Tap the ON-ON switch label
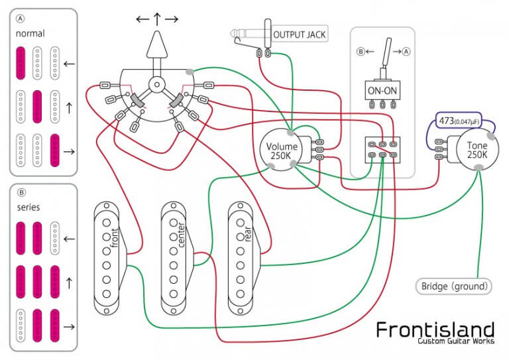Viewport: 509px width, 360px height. tap(381, 90)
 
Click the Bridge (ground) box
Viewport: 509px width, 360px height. tap(455, 286)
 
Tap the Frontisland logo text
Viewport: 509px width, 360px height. tap(434, 329)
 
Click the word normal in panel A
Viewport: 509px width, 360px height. tap(30, 31)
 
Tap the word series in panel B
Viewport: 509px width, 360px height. tap(29, 207)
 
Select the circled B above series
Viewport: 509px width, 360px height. tap(21, 193)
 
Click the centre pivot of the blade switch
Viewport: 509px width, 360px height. tap(157, 84)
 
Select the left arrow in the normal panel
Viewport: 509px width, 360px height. tap(68, 64)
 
